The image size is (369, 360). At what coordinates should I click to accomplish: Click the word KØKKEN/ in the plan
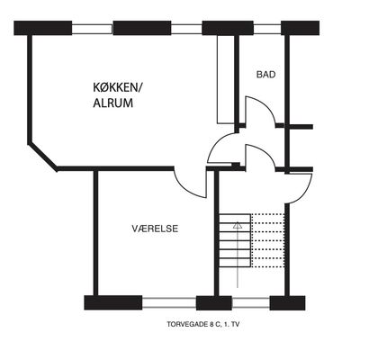pos(117,87)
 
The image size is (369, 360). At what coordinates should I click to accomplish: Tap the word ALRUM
pos(113,103)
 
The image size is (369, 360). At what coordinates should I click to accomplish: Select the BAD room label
pos(266,75)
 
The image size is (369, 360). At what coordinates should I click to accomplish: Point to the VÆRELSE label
pos(155,229)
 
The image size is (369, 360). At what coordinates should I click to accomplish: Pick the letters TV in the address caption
pos(236,324)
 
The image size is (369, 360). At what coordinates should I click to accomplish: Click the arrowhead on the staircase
pos(238,225)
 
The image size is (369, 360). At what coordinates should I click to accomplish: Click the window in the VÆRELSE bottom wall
pos(169,303)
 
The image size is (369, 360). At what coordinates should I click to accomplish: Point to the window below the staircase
pos(251,303)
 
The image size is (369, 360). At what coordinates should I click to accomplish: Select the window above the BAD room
pos(267,29)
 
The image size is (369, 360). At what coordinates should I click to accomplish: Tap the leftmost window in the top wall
pos(92,29)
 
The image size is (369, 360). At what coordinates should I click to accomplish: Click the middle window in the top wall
pos(186,29)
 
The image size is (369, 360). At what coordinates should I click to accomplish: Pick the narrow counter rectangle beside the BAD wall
pos(225,79)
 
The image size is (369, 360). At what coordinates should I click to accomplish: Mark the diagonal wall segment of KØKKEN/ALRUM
pos(43,157)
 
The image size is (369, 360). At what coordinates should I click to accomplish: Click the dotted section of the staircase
pos(267,240)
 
